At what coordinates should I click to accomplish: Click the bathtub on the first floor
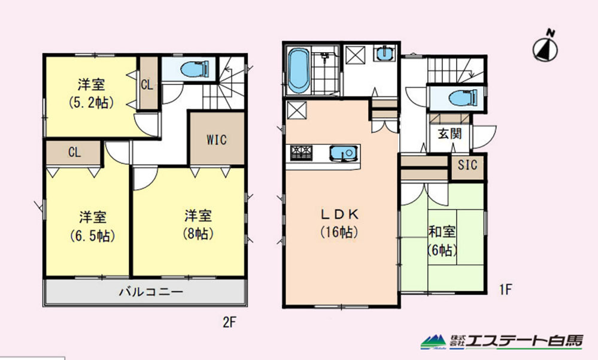[298, 71]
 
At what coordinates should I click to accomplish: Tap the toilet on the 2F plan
[195, 69]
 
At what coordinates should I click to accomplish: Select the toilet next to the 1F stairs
[463, 98]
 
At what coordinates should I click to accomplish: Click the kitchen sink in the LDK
[344, 153]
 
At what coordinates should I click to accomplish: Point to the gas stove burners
[301, 152]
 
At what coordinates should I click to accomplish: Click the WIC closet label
[217, 140]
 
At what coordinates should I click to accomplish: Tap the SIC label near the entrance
[468, 165]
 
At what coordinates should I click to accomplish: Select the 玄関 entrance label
[450, 133]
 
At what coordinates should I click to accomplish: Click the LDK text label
[339, 214]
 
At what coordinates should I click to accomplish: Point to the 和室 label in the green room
[442, 232]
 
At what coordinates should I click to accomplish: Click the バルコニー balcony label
[151, 292]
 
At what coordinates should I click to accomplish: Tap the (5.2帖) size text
[92, 102]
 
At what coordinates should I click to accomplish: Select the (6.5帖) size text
[93, 236]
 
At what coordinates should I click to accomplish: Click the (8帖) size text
[198, 233]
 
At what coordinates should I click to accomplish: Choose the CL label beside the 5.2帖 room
[147, 84]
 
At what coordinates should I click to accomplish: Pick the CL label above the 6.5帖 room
[74, 152]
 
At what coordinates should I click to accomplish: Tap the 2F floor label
[230, 323]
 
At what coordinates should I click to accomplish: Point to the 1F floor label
[505, 290]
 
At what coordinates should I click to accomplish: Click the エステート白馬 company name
[524, 341]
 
